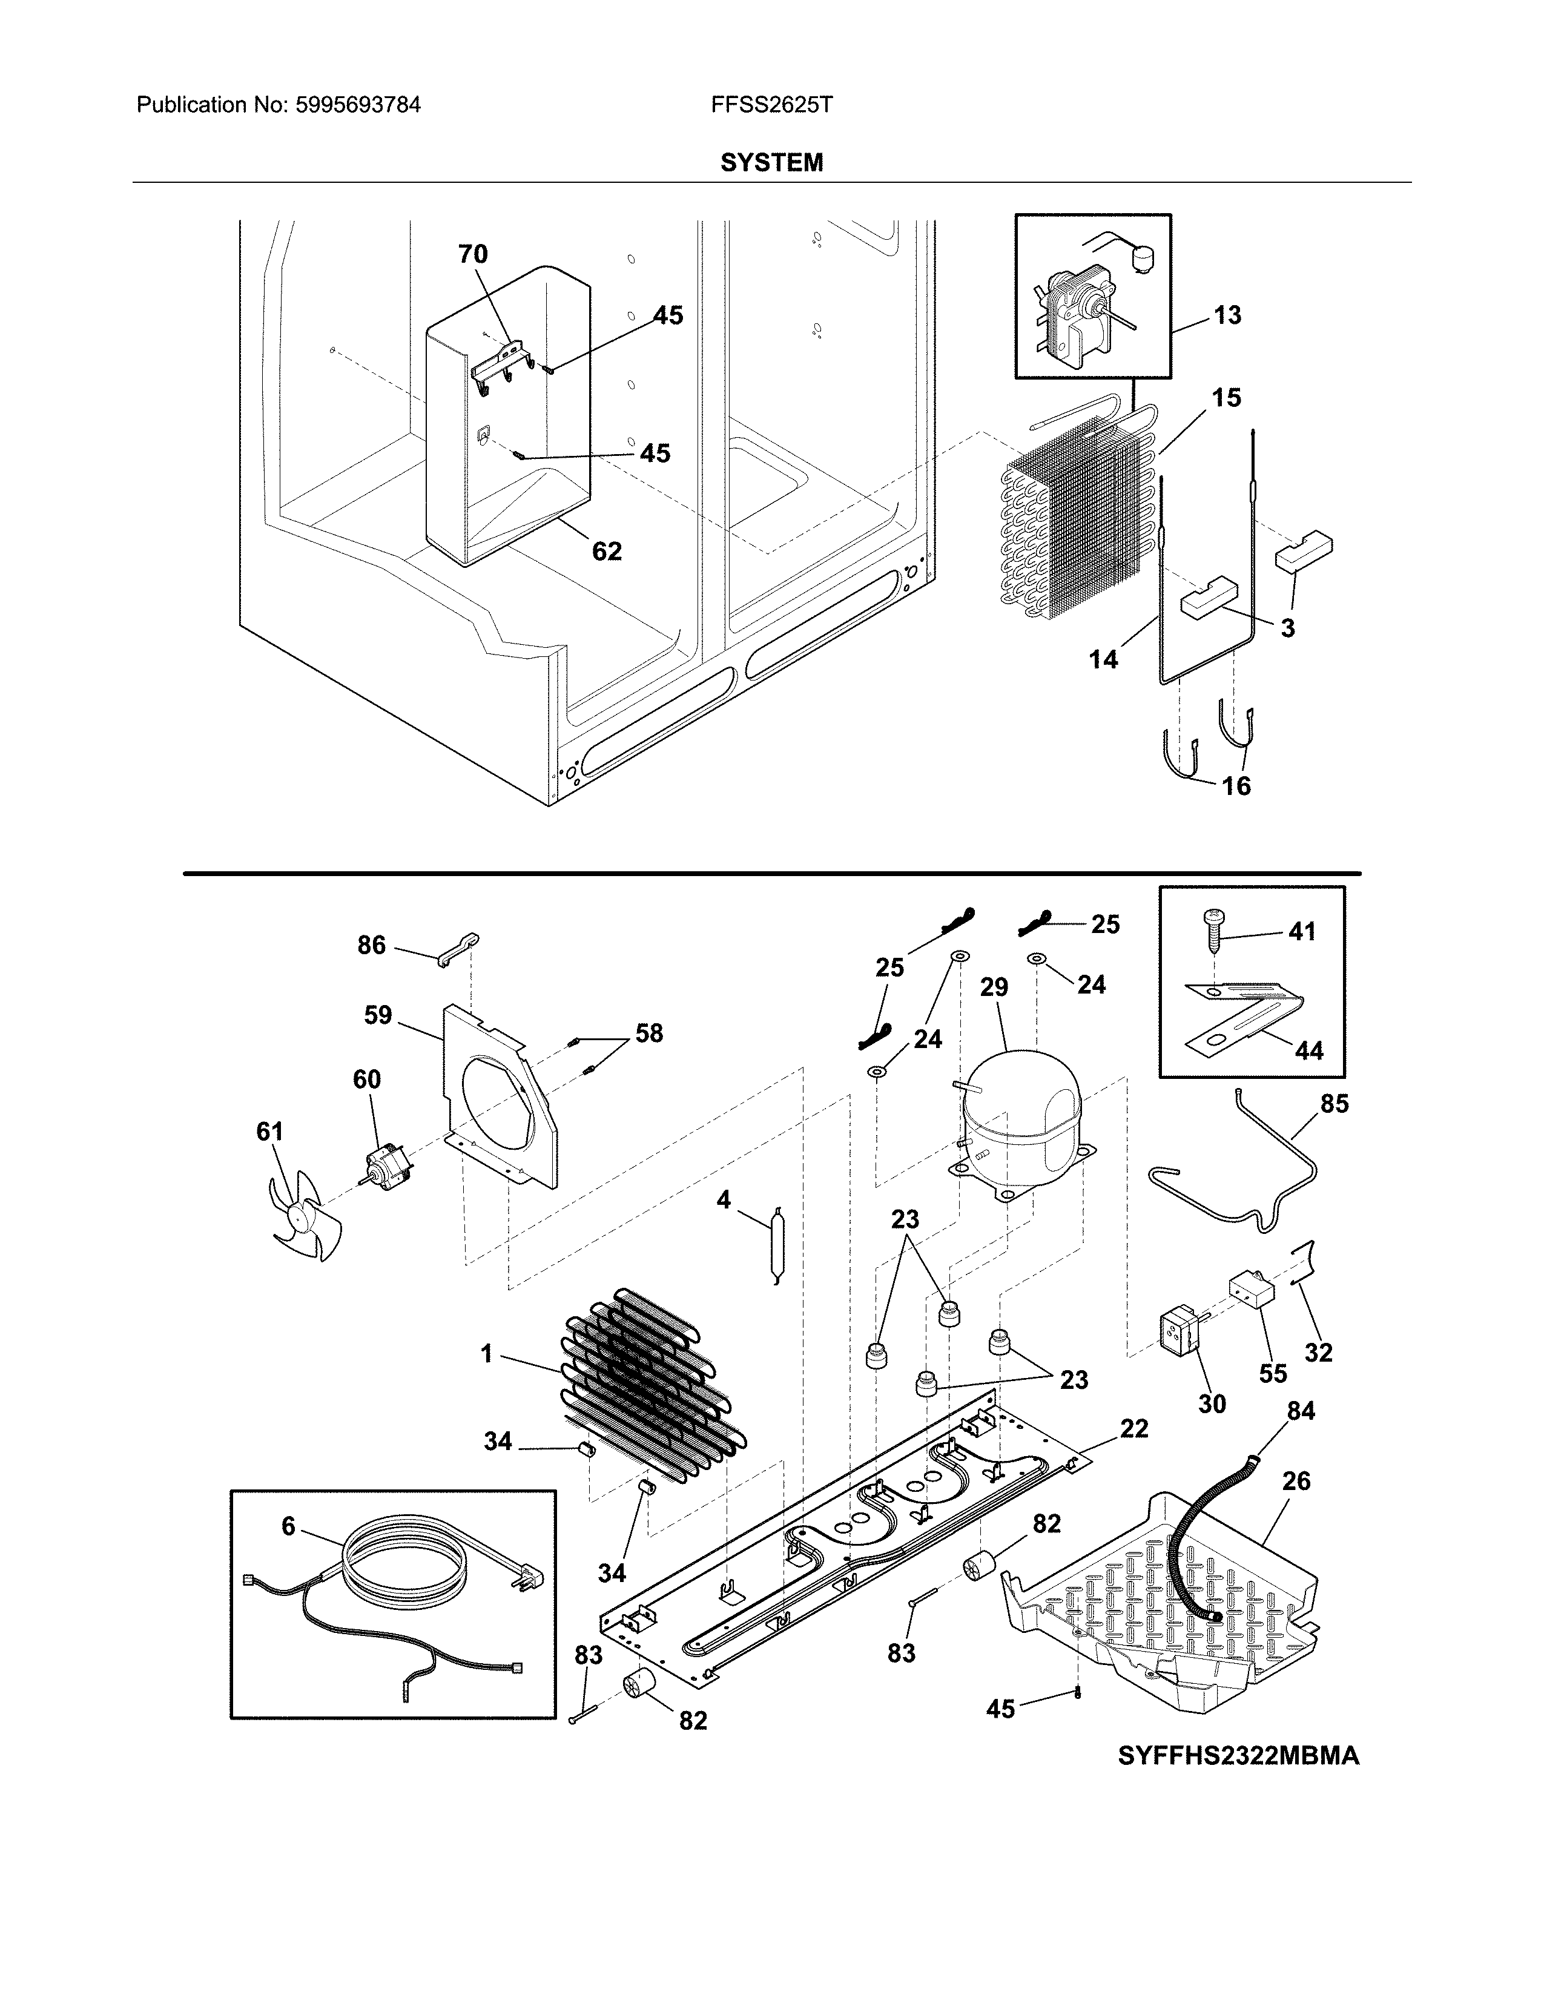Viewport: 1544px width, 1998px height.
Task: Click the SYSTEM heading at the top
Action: tap(771, 163)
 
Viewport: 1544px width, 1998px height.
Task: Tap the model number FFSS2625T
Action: tap(771, 105)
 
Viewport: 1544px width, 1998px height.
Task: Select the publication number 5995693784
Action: tap(358, 105)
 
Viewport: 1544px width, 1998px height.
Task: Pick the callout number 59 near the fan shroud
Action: tap(378, 1015)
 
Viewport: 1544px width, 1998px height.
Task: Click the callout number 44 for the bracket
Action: tap(1309, 1050)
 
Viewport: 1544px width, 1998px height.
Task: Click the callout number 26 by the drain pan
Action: tap(1296, 1480)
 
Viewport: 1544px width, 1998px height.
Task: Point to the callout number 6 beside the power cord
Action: tap(288, 1525)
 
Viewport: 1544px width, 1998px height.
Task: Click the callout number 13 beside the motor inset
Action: tap(1227, 315)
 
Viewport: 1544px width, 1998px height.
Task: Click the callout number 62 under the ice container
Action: tap(607, 551)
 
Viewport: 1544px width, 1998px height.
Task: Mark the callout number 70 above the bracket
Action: tap(473, 254)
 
